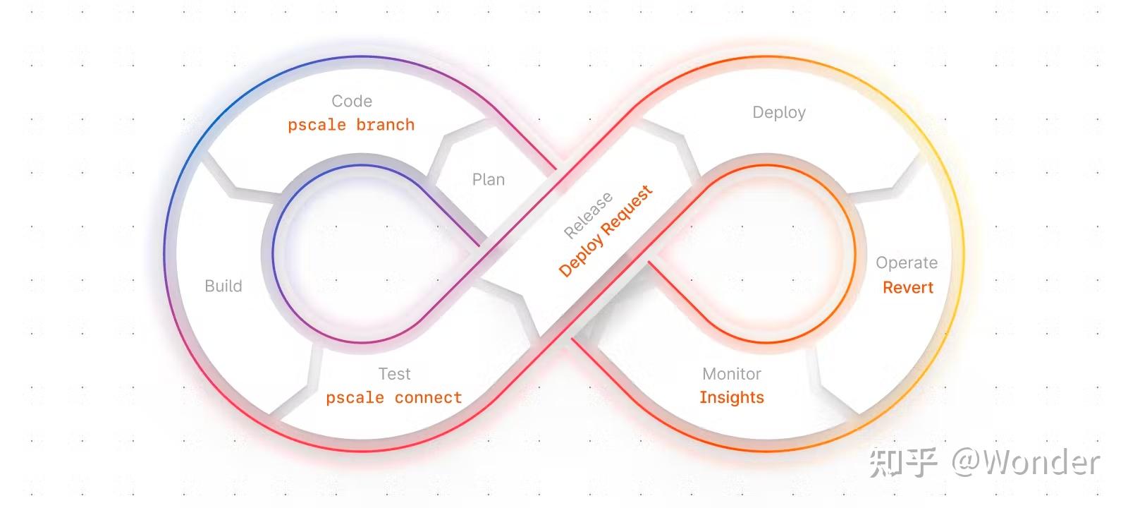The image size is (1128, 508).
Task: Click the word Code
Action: [x=352, y=102]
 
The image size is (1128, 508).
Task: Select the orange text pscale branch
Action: [x=351, y=125]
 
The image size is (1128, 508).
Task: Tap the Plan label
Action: [x=489, y=180]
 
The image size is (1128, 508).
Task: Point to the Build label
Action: [x=223, y=286]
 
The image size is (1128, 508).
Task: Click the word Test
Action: [x=394, y=374]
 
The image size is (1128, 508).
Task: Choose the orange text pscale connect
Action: [x=393, y=398]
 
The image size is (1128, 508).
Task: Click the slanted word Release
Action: [x=588, y=214]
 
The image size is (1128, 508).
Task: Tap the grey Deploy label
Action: [x=779, y=113]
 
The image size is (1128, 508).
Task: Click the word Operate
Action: [x=907, y=263]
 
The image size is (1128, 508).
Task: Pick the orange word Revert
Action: [x=908, y=287]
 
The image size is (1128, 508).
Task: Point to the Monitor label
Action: [x=732, y=374]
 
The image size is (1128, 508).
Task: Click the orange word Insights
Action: [x=732, y=397]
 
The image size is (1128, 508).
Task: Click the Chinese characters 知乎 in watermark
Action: [x=903, y=462]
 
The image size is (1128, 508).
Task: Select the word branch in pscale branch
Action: [x=385, y=125]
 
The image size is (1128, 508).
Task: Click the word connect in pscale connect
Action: [x=428, y=398]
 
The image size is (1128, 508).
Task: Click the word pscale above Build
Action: [x=317, y=125]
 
